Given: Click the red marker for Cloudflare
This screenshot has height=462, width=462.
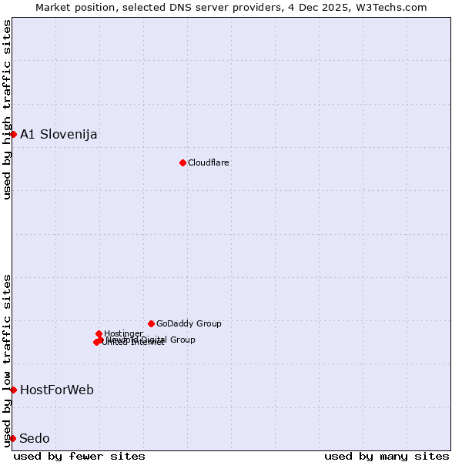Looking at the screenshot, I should click(182, 162).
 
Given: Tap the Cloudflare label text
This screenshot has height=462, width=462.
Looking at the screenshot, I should click(209, 162).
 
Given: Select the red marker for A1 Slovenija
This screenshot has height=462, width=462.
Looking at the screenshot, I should click(13, 134).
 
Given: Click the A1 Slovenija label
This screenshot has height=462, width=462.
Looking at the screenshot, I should click(59, 134).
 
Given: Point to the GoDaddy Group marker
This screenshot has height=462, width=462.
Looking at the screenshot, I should click(151, 323).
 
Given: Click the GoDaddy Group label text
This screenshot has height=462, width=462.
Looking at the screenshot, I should click(189, 323).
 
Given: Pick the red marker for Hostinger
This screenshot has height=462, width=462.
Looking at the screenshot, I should click(99, 333).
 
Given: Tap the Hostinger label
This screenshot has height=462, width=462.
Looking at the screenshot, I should click(123, 333).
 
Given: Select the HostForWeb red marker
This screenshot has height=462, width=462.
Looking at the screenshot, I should click(13, 390).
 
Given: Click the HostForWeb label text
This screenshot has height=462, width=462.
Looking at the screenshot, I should click(57, 390).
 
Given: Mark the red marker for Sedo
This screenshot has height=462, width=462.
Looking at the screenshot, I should click(13, 438).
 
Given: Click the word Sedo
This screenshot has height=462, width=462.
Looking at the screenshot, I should click(35, 438).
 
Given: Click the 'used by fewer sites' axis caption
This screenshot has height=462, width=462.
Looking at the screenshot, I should click(79, 456).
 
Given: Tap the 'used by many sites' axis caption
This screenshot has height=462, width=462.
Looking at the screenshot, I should click(387, 456).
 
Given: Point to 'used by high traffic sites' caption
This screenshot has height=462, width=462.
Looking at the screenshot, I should click(7, 109).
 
